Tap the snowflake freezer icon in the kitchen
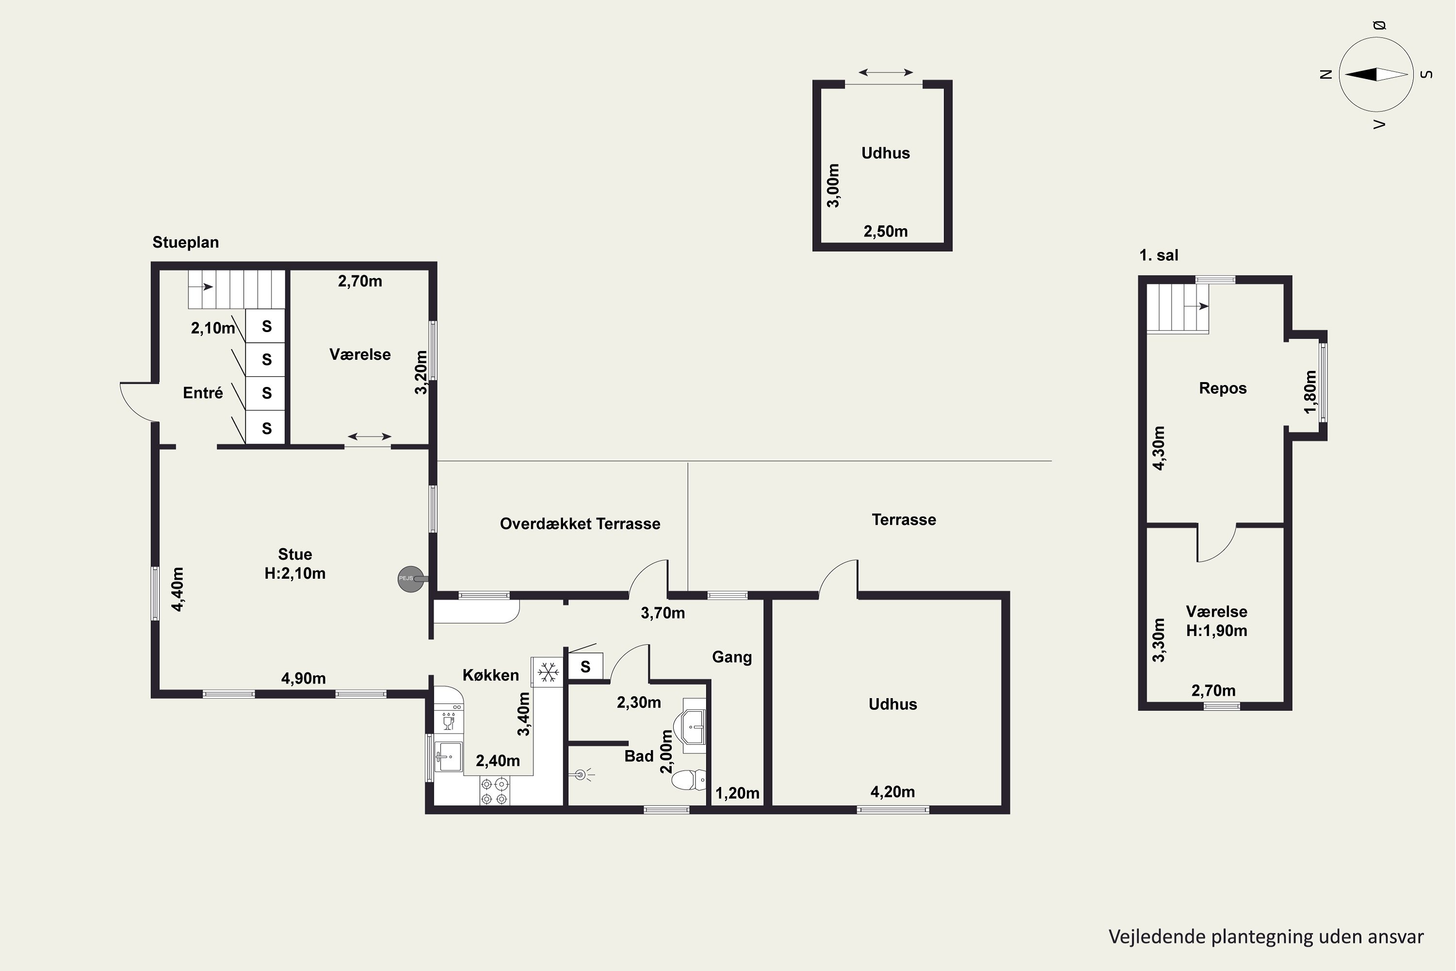coord(548,672)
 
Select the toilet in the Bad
coord(689,780)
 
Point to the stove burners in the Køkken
coord(495,791)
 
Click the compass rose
coord(1376,74)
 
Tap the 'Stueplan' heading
coord(186,242)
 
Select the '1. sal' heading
coord(1159,255)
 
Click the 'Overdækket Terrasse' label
coord(580,524)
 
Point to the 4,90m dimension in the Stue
coord(303,679)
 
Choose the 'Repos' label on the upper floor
coord(1223,388)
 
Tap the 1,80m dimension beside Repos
coord(1310,392)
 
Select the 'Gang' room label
coord(732,657)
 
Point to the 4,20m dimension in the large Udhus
coord(893,791)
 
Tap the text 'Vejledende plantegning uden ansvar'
coord(1266,937)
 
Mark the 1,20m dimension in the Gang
coord(737,793)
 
